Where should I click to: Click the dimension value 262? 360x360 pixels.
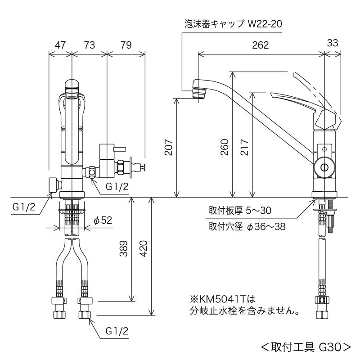coord(261,45)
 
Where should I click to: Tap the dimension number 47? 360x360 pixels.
coord(60,45)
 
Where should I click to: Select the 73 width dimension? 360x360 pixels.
coord(90,45)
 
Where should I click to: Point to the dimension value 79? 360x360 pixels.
coord(126,45)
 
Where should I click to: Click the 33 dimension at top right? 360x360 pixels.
coord(333,44)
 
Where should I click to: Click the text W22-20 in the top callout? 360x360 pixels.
coord(265,24)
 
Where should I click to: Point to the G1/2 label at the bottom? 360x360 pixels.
coord(117,331)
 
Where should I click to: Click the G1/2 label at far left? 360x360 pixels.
coord(22,207)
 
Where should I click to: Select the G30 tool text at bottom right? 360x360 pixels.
coord(331,347)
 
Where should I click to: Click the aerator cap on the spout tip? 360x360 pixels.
coord(198,92)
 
